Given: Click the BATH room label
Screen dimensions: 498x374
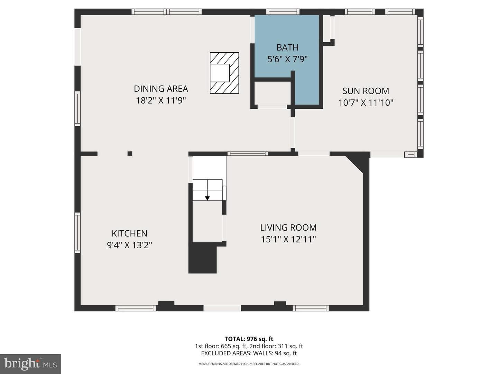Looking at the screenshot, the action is click(287, 47).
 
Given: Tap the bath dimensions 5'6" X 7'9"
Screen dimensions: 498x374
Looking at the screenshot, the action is click(287, 59).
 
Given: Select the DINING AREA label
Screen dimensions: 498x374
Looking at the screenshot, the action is click(161, 89).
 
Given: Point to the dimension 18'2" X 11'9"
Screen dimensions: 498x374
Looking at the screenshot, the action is click(161, 100).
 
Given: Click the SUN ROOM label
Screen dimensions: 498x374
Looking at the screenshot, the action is click(366, 91).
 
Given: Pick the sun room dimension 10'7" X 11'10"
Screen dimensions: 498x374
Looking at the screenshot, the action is click(366, 103).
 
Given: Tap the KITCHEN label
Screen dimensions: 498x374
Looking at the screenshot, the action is click(129, 233).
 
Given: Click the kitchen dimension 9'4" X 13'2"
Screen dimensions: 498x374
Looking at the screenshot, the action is click(129, 245).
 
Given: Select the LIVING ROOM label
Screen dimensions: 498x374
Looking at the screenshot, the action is click(288, 227).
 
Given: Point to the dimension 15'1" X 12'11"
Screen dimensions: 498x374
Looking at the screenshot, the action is click(288, 239).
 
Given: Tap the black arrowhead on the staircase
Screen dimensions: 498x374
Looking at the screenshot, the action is click(207, 198).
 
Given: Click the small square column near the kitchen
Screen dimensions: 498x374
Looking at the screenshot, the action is click(130, 153).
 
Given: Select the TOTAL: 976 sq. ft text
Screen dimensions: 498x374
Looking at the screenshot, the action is click(249, 339).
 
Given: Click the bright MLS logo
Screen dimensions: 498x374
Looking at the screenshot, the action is click(30, 364).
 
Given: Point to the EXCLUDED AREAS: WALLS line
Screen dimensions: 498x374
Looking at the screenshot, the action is click(249, 353).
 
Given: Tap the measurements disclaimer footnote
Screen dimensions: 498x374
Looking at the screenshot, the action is click(249, 364).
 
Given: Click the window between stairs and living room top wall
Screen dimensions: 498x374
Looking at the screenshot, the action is click(248, 154).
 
